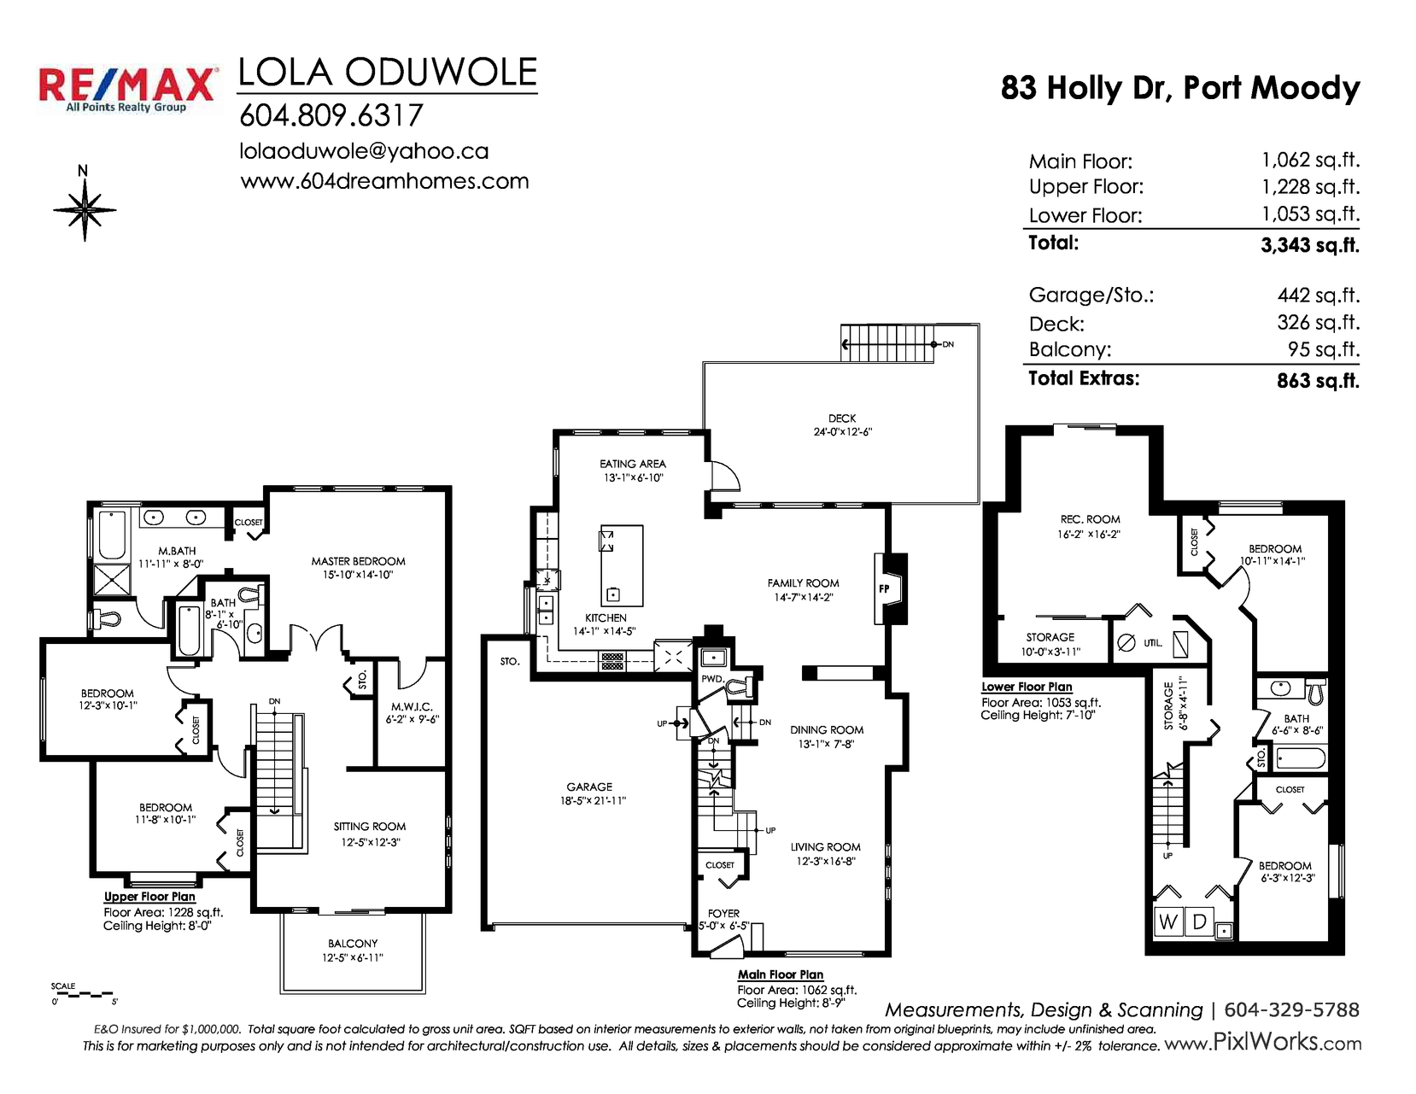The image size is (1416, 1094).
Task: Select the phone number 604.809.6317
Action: tap(331, 116)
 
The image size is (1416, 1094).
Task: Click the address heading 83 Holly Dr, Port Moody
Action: tap(1180, 89)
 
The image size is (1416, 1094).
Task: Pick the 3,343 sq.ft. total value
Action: tap(1310, 245)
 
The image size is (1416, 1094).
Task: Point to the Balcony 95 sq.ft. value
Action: tap(1324, 350)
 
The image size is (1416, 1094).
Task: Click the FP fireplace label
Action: tap(884, 589)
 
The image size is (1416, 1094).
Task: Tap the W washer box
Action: tap(1167, 922)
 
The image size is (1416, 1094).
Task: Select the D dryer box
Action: tap(1199, 922)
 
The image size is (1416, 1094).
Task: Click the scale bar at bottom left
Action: tap(83, 995)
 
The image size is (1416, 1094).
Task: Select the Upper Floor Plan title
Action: tap(149, 897)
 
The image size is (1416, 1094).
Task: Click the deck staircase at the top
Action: tap(886, 343)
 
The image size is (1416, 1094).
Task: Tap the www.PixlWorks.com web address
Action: tap(1263, 1043)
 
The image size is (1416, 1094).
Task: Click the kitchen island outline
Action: tap(621, 565)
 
